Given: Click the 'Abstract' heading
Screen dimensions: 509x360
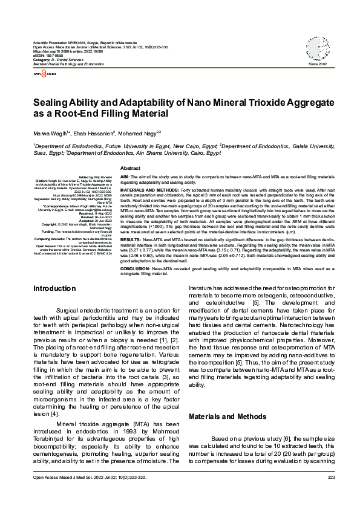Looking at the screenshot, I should tap(131, 167).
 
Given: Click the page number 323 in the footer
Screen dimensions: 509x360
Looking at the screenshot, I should tap(330, 494).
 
